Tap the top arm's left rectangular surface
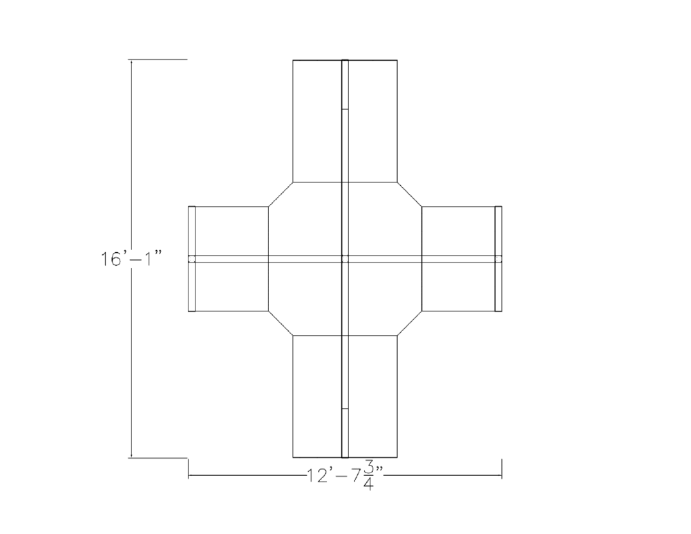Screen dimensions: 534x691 [317, 121]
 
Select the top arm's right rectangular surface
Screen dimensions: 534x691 [374, 121]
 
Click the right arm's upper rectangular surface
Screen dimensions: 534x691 [458, 231]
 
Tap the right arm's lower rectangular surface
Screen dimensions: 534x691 [458, 286]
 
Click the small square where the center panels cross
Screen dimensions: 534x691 [345, 259]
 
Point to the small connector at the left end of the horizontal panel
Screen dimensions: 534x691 [192, 259]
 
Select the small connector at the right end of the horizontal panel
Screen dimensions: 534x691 [498, 259]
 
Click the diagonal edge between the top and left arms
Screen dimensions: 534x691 [281, 194]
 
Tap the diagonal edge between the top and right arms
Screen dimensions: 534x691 [410, 194]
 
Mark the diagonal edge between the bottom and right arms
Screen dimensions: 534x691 [410, 323]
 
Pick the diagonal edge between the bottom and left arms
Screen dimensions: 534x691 [281, 323]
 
